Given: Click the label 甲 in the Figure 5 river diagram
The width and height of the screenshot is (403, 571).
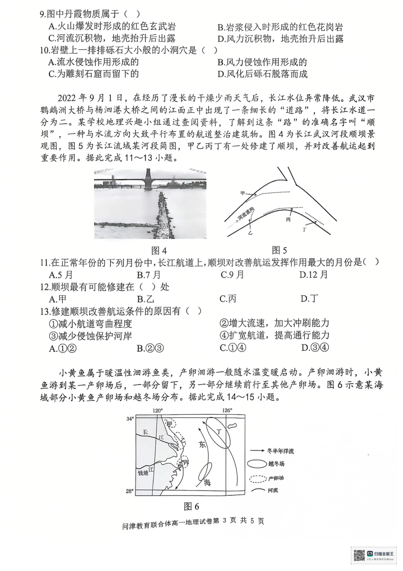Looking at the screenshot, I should point(243,194).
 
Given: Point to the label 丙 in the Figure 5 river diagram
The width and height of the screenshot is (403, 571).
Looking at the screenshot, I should point(288,219).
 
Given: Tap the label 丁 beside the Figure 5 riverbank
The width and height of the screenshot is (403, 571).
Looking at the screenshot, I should point(304,229).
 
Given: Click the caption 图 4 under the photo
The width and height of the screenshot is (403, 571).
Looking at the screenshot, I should point(159,250).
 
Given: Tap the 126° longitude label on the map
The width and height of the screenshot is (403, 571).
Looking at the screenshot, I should point(227,411).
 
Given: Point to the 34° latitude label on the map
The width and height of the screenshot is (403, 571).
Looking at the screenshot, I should point(130,419).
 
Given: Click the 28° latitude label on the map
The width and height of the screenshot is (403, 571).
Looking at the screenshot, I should point(130,491).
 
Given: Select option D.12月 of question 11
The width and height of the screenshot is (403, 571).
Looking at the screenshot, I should point(313,275).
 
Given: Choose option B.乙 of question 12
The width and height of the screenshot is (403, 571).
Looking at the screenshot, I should point(145,299).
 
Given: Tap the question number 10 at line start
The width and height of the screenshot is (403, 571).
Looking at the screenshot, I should point(45,50).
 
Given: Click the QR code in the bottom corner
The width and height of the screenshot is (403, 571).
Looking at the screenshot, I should point(359,556).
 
